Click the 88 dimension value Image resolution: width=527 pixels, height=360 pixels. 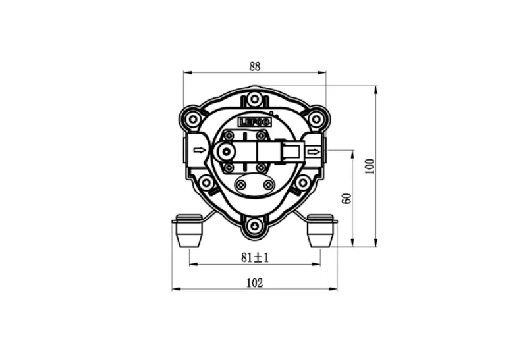[x=255, y=66]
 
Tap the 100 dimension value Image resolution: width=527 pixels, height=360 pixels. [x=370, y=167]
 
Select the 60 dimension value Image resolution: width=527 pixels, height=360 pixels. [x=347, y=199]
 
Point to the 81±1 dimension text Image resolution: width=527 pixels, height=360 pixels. [x=255, y=257]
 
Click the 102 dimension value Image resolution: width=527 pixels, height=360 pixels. [x=255, y=283]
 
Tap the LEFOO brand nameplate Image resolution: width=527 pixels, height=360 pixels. [x=254, y=122]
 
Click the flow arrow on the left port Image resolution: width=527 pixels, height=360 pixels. [x=200, y=150]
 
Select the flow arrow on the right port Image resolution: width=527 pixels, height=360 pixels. [x=314, y=152]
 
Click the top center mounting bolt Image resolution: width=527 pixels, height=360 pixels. [x=254, y=99]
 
